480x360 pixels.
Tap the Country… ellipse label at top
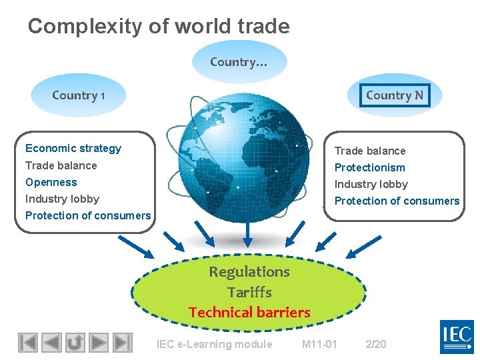pos(239,62)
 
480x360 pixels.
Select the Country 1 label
pos(79,95)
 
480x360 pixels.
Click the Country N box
pos(394,95)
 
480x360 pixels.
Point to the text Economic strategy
pos(73,148)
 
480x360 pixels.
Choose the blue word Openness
pos(51,182)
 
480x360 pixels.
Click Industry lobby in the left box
pos(62,199)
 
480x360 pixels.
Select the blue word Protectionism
pos(369,167)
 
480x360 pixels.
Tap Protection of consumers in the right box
pos(397,201)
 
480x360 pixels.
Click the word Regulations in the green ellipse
pos(249,271)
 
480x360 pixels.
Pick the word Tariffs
pos(249,292)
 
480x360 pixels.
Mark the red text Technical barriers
pos(249,312)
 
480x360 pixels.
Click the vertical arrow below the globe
pos(248,231)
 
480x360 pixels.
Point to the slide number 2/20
pos(376,344)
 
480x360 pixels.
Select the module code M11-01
pos(320,344)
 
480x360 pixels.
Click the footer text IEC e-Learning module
pos(214,344)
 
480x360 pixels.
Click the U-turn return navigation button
pos(75,343)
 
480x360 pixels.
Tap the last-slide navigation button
pos(121,343)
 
